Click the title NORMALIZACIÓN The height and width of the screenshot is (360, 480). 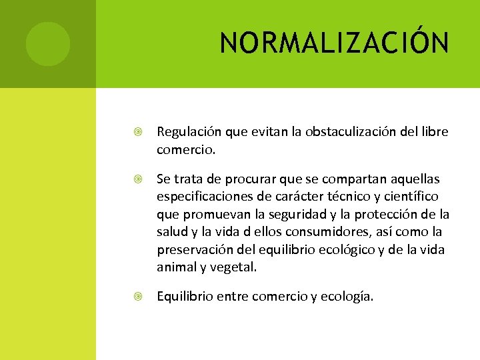pos(335,44)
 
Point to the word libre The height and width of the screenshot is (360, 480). pos(435,133)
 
